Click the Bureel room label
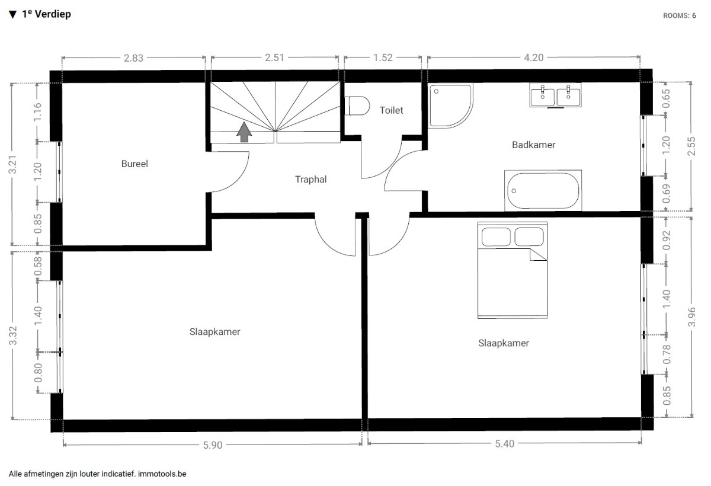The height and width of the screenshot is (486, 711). (x=134, y=164)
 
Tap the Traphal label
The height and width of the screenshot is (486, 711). (x=310, y=180)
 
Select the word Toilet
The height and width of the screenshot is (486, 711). (x=391, y=110)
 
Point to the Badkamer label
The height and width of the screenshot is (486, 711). (x=534, y=145)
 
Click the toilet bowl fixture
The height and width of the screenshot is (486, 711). (x=358, y=105)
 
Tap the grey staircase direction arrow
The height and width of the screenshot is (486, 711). (x=244, y=132)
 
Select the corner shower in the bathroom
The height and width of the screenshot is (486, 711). (x=450, y=105)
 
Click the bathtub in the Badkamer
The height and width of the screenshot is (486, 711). (x=543, y=190)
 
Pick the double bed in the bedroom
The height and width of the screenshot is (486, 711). (x=513, y=270)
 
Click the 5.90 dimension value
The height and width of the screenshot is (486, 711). (x=213, y=445)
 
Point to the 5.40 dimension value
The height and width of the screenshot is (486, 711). (x=505, y=443)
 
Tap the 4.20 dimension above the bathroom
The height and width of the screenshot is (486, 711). (x=534, y=57)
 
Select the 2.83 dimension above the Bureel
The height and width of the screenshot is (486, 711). (x=133, y=58)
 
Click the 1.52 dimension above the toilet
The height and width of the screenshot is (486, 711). (x=383, y=57)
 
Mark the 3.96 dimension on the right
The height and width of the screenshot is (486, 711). (x=691, y=317)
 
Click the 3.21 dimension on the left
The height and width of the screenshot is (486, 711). (x=12, y=164)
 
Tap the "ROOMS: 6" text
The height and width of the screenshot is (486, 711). (x=679, y=15)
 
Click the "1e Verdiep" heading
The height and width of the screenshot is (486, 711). (x=46, y=14)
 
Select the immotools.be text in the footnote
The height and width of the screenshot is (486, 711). (x=162, y=474)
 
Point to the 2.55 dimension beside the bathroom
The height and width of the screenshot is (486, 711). (x=691, y=146)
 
